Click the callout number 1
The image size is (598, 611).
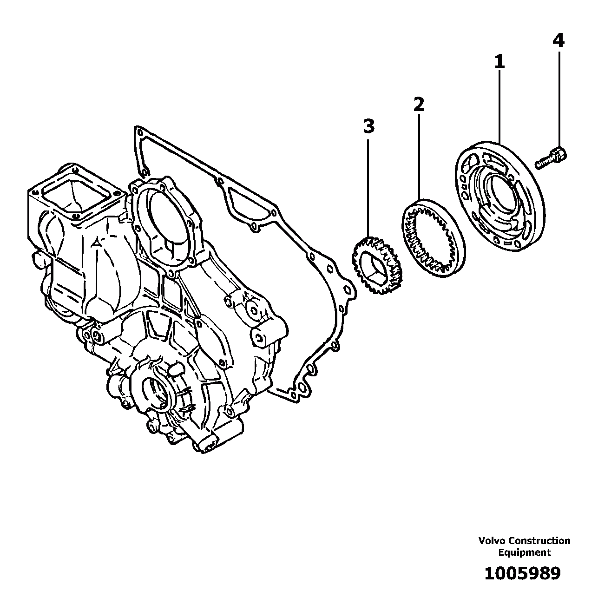pos(499,62)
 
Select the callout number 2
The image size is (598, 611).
pos(419,105)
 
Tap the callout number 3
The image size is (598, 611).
pos(368,126)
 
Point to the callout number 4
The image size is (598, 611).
pos(558,41)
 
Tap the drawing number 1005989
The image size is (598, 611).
pos(522,573)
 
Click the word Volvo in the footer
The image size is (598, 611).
pos(492,541)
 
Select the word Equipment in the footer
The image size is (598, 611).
pos(524,552)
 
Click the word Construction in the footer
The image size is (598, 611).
pos(539,541)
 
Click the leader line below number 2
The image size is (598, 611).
pos(419,153)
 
